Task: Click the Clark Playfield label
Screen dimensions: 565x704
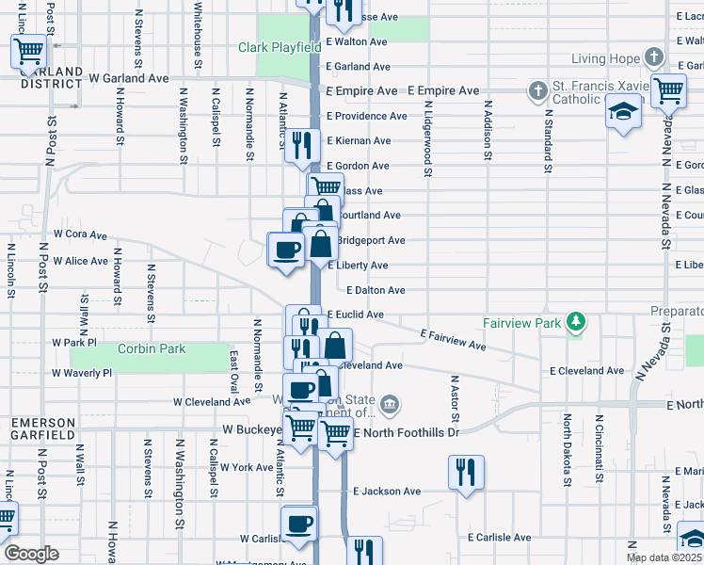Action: click(280, 47)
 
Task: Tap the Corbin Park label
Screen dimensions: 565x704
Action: click(152, 348)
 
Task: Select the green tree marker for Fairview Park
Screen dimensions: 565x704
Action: click(574, 323)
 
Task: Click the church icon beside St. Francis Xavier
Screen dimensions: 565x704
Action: click(537, 91)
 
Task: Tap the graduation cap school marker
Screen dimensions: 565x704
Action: click(622, 113)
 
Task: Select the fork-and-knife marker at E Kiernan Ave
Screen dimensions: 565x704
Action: click(301, 143)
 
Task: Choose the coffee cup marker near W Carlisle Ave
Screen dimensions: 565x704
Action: click(299, 523)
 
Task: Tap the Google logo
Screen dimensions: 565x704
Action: click(32, 553)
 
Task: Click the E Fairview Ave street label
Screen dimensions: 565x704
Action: click(454, 340)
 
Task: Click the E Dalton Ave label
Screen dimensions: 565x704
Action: click(376, 290)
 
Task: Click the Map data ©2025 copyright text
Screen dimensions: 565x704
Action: click(664, 557)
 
